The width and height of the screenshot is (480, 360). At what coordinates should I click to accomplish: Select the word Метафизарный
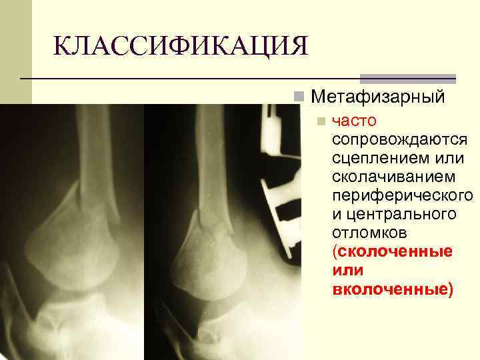377,97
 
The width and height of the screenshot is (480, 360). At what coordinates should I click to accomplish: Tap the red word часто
354,122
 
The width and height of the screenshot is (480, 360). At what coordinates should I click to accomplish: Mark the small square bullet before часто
321,122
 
